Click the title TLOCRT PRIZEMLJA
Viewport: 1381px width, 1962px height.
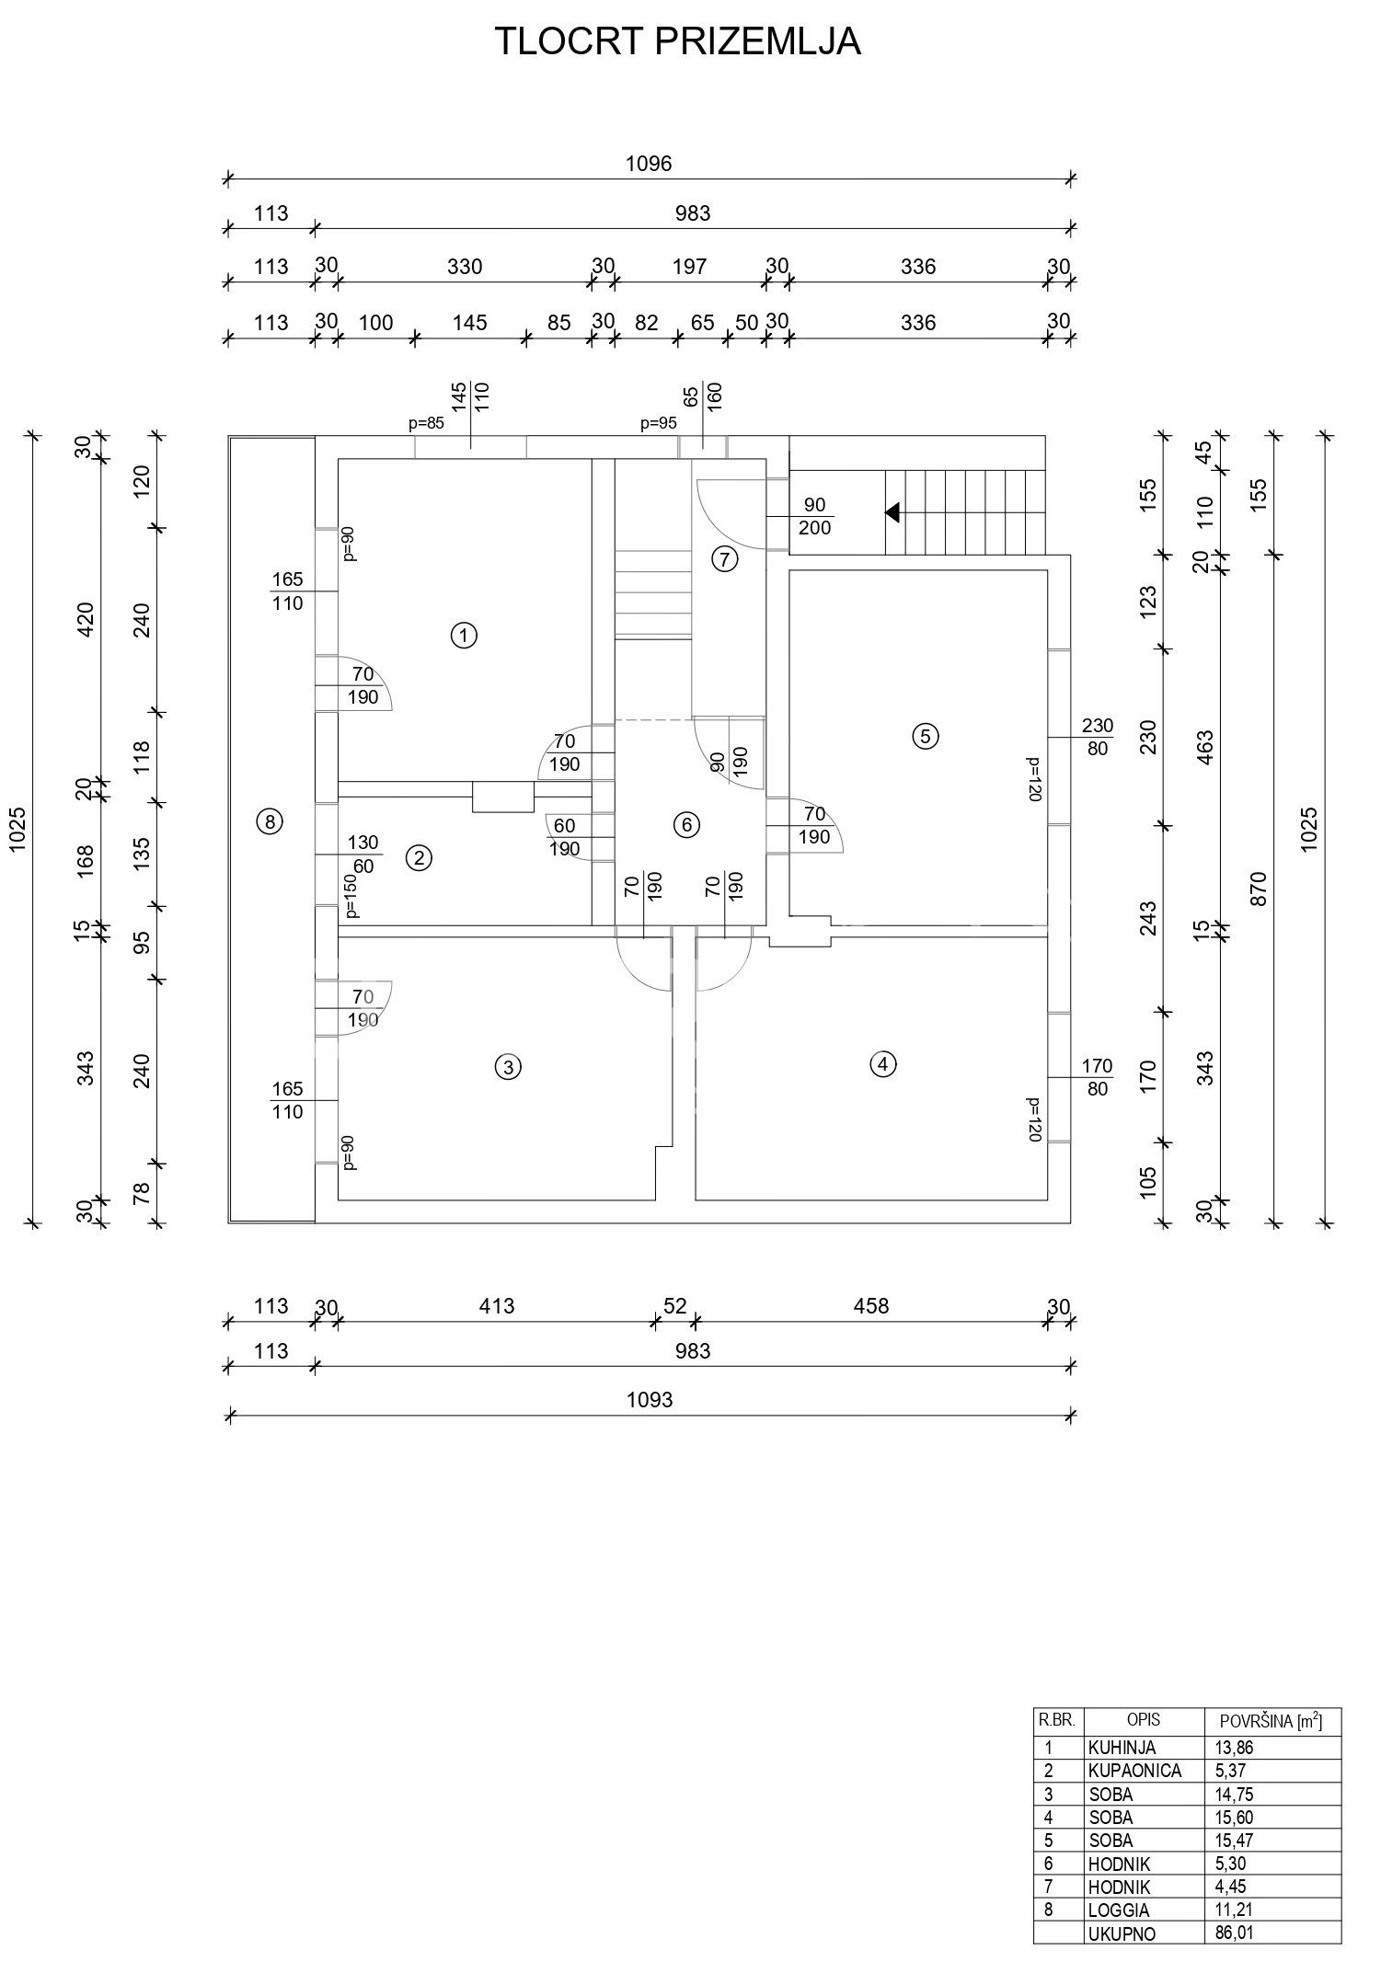[x=677, y=42]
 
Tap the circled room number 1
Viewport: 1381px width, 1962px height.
[x=465, y=635]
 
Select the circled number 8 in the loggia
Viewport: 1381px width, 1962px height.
[x=269, y=822]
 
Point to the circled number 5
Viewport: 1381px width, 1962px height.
[x=925, y=736]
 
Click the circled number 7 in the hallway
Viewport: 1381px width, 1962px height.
[x=725, y=558]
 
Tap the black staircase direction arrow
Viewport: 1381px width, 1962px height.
[x=892, y=512]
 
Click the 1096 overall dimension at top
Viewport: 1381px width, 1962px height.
[x=649, y=164]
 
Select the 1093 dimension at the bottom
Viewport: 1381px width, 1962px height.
[x=650, y=1399]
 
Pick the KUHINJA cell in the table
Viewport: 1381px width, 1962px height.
[x=1121, y=1748]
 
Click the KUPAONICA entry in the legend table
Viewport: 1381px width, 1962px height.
[x=1134, y=1771]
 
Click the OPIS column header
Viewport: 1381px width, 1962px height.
[x=1144, y=1719]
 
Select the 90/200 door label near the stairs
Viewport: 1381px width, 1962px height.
[x=814, y=516]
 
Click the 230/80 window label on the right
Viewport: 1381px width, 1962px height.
[x=1097, y=736]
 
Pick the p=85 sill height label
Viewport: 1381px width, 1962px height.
[x=426, y=424]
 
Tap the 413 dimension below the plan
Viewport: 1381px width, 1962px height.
[x=496, y=1305]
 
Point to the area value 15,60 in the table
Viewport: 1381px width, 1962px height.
[x=1234, y=1817]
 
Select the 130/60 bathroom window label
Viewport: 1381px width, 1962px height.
[x=363, y=853]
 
